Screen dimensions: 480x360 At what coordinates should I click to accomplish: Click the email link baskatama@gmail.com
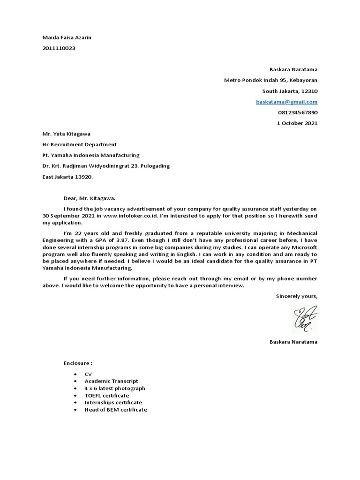click(286, 102)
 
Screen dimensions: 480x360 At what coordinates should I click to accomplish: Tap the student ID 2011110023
click(59, 48)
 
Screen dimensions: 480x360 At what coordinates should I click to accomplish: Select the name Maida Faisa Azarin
click(67, 37)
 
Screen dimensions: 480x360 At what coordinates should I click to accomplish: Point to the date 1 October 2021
click(297, 123)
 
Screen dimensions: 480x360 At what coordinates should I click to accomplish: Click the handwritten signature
click(305, 318)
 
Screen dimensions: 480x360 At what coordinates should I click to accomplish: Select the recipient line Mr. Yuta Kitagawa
click(67, 134)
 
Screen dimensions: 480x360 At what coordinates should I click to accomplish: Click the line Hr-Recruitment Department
click(80, 144)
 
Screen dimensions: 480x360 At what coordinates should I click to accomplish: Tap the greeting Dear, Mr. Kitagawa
click(89, 198)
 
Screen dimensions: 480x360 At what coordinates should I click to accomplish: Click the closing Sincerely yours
click(296, 296)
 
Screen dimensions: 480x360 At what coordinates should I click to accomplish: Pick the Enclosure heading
click(78, 363)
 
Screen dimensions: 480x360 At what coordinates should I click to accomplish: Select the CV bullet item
click(88, 374)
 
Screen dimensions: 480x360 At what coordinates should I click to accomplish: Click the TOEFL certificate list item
click(107, 396)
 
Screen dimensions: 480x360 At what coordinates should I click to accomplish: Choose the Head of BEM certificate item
click(115, 410)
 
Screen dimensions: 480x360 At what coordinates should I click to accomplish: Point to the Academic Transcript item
click(111, 381)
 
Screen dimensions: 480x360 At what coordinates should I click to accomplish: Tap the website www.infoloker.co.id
click(132, 216)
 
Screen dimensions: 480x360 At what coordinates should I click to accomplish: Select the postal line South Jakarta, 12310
click(290, 91)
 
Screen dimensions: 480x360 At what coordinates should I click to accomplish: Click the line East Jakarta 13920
click(68, 177)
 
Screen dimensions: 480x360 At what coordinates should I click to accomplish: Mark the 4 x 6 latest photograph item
click(115, 388)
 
